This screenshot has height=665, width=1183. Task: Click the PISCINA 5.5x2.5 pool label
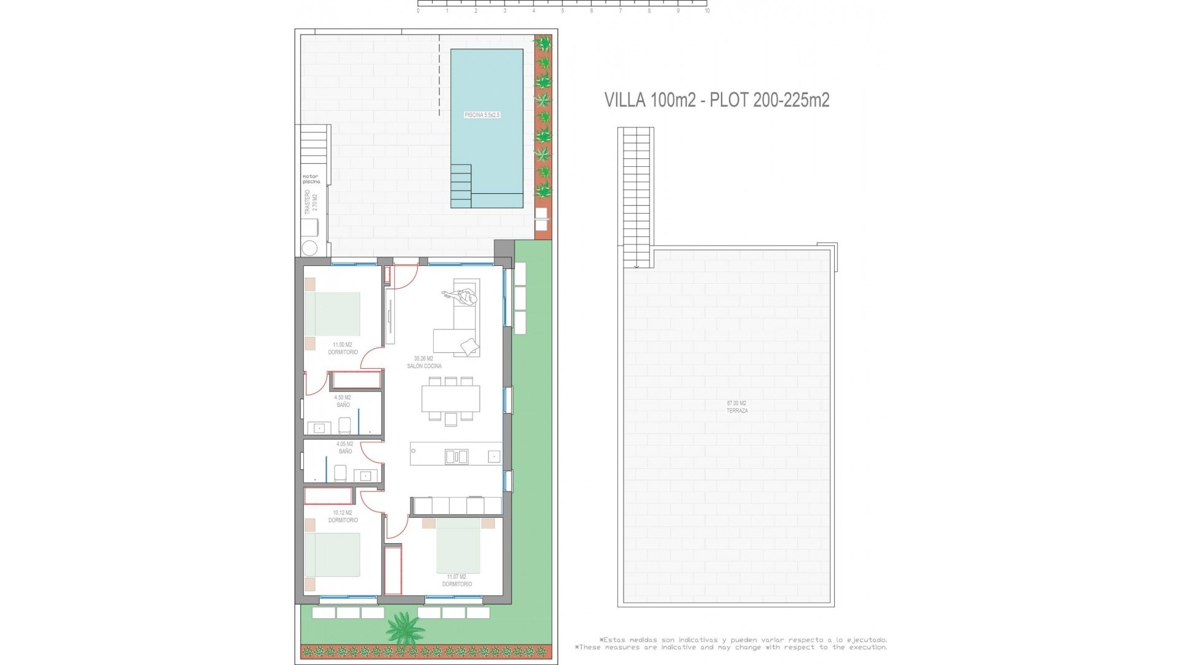(x=482, y=115)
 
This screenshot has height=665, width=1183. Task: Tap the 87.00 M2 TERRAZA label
(x=737, y=407)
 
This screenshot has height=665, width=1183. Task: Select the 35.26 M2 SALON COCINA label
(x=424, y=362)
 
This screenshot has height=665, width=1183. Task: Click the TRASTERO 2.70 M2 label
(x=311, y=203)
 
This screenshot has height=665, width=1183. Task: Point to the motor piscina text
(x=311, y=179)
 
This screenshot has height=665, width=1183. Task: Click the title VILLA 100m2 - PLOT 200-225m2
(x=717, y=100)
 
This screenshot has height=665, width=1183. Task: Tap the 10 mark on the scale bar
(x=707, y=11)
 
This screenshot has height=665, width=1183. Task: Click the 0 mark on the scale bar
(x=418, y=11)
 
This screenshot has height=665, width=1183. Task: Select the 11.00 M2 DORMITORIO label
(x=343, y=349)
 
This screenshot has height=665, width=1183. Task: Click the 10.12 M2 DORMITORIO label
(x=343, y=516)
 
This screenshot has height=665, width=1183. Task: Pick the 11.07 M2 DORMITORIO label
(x=457, y=581)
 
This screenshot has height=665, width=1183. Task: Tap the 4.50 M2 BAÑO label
(x=343, y=401)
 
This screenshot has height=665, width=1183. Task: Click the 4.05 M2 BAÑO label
(x=345, y=448)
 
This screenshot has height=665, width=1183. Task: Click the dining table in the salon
(x=450, y=398)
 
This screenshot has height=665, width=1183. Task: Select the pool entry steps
(x=461, y=186)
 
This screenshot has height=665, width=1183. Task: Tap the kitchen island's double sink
(x=456, y=456)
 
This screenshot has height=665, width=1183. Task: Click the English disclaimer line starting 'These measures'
(x=731, y=647)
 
